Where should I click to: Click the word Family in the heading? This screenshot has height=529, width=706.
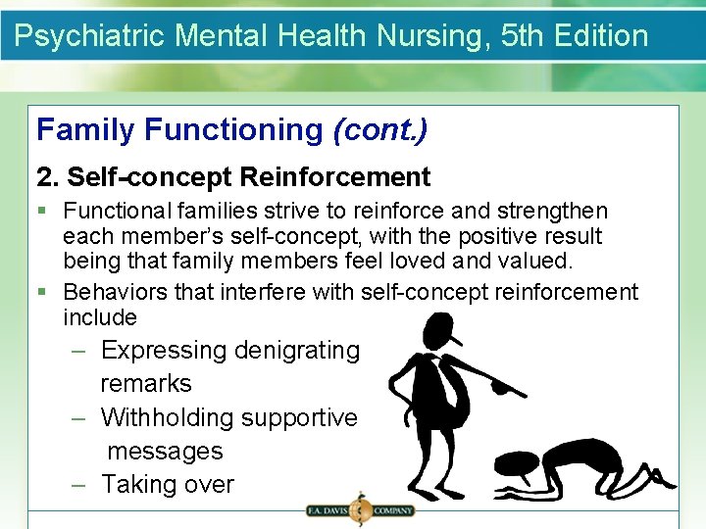86,129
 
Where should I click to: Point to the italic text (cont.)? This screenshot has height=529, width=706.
379,129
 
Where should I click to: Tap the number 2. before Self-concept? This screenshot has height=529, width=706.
48,177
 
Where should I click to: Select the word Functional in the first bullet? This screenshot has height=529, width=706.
116,211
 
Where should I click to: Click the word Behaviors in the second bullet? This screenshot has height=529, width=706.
113,292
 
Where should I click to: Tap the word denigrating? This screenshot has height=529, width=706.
297,351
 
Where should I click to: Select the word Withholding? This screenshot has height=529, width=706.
168,417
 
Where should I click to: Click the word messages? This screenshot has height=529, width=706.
165,452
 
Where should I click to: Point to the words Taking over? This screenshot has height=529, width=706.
168,485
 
